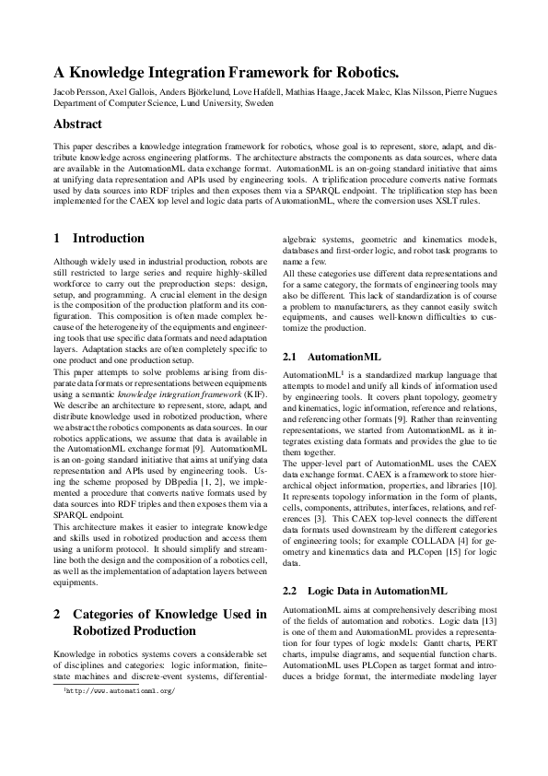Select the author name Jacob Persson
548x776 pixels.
coord(79,92)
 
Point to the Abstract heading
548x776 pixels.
coord(77,123)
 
